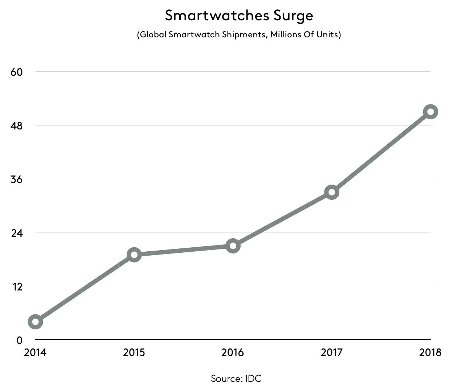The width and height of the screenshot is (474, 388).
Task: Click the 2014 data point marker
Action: (x=36, y=322)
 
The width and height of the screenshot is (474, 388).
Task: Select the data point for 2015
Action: (x=134, y=255)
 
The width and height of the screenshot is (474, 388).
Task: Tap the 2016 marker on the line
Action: (x=233, y=246)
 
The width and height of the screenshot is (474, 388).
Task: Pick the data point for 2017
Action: (x=332, y=192)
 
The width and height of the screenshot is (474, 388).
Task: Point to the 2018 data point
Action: (x=430, y=112)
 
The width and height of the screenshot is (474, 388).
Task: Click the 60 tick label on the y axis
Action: (x=17, y=72)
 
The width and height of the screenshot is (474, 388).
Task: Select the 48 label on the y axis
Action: (x=17, y=126)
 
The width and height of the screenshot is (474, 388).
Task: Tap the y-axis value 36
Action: (x=17, y=179)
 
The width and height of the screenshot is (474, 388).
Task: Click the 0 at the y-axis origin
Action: (x=19, y=340)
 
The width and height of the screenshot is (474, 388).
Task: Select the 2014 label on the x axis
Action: (x=35, y=352)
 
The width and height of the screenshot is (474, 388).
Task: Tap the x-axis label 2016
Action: (x=233, y=352)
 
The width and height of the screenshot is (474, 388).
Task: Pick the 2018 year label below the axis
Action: (x=430, y=352)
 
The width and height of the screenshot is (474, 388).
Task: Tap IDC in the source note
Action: (x=253, y=379)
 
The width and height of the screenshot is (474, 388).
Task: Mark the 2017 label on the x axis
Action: (x=331, y=352)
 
